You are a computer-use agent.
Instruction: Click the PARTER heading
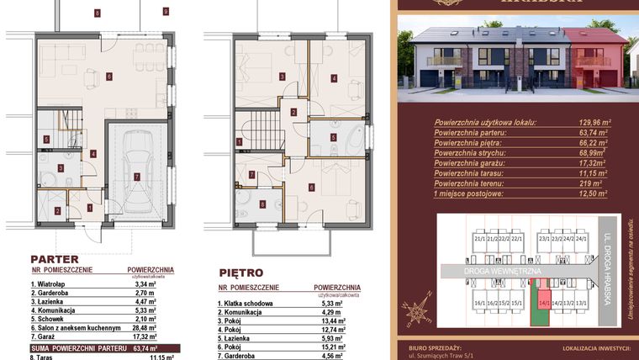(x=55, y=259)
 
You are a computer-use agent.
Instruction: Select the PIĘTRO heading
(x=240, y=273)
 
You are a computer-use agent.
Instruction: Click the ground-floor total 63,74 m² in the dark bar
(x=144, y=347)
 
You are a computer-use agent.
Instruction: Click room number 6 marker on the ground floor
(x=109, y=76)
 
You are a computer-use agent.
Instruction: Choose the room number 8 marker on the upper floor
(x=262, y=204)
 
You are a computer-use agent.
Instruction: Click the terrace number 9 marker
(x=166, y=11)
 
